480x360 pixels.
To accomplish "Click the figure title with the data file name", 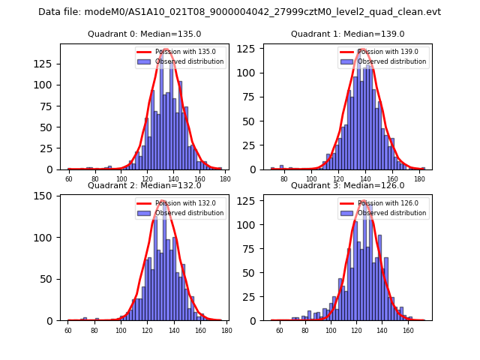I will (x=239, y=12).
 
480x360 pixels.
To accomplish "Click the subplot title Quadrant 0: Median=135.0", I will (x=145, y=34).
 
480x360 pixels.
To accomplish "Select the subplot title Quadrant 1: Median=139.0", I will (x=347, y=34).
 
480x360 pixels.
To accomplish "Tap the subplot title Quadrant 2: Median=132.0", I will (x=145, y=185).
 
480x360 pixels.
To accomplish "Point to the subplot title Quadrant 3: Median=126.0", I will (x=347, y=185).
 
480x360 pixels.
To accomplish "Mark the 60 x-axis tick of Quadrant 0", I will (x=69, y=178).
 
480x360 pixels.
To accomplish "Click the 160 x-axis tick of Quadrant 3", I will (x=408, y=329).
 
